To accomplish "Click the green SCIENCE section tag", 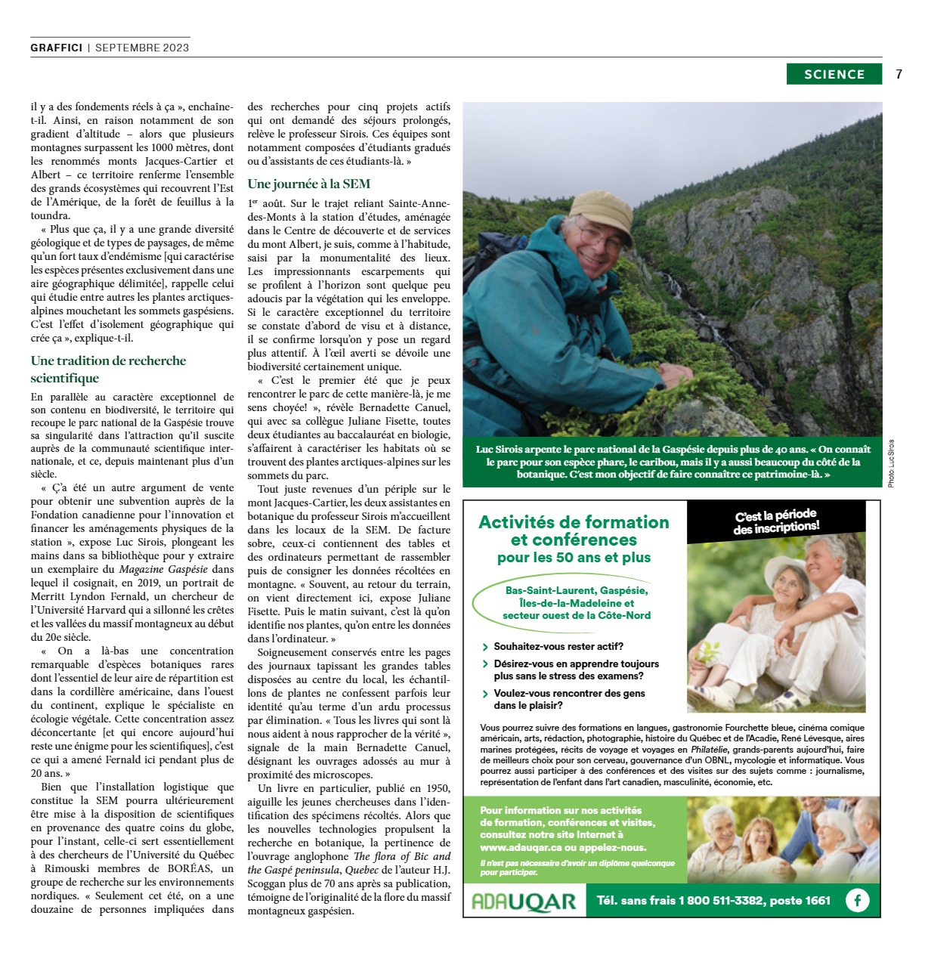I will [834, 74].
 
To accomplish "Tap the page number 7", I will [899, 74].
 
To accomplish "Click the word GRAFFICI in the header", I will [57, 48].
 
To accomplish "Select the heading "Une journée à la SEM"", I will [308, 184].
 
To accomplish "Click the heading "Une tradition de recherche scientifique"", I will [108, 369].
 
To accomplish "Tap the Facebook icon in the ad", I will [858, 900].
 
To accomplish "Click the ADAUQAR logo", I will [524, 901].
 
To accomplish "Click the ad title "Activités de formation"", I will [574, 522].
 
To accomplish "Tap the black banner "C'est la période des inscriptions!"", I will [776, 521].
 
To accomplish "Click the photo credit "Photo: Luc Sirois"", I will [891, 462].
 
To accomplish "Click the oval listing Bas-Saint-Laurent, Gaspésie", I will [576, 603].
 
